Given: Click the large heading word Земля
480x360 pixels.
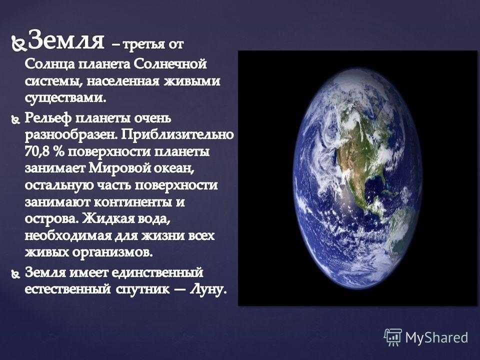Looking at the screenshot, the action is (x=66, y=40).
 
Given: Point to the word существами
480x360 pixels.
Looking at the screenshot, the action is (x=65, y=98).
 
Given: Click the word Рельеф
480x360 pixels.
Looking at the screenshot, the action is (x=48, y=118).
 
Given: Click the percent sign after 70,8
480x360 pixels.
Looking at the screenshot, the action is (x=58, y=152).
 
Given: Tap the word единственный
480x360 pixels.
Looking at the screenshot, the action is (x=157, y=272).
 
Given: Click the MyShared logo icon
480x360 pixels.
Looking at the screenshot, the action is (x=393, y=337).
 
